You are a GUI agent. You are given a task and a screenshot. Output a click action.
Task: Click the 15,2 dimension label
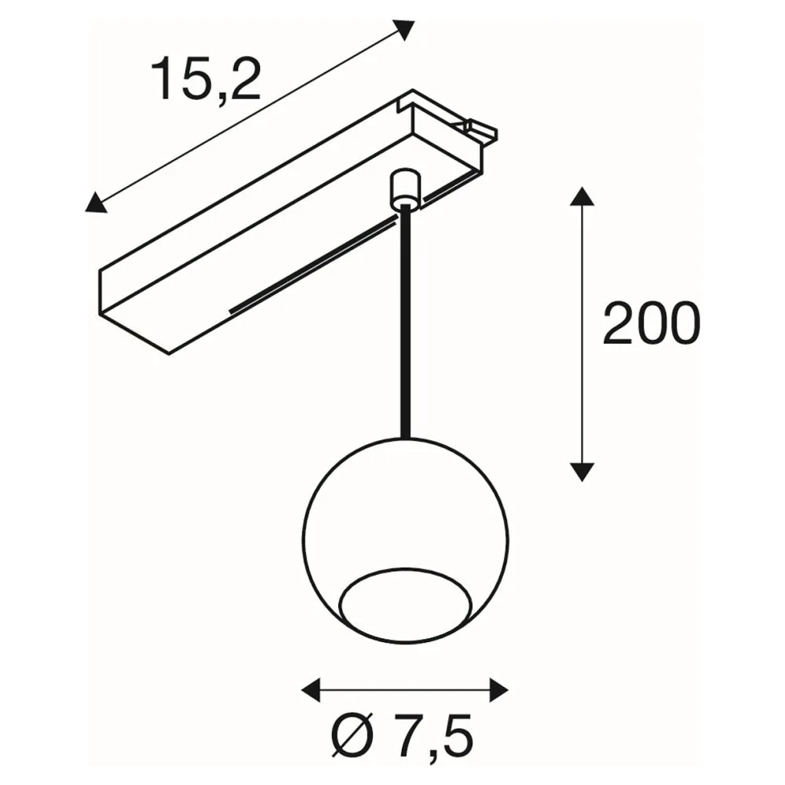click(x=205, y=78)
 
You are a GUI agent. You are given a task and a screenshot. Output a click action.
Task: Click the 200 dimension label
click(x=652, y=323)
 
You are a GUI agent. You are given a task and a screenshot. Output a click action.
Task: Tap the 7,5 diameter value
click(x=433, y=734)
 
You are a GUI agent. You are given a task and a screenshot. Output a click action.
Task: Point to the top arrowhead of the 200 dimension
click(x=582, y=196)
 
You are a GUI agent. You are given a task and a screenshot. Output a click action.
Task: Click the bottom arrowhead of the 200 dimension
click(x=582, y=472)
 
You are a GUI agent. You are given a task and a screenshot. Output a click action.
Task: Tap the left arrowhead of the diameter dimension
click(x=310, y=690)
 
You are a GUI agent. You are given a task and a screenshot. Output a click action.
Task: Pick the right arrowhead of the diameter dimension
click(x=498, y=690)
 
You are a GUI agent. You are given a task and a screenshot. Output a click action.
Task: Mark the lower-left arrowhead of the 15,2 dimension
click(x=96, y=203)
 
